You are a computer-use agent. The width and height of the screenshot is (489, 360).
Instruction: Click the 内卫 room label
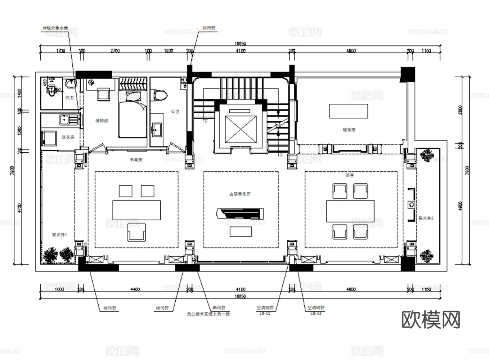(x=69, y=98)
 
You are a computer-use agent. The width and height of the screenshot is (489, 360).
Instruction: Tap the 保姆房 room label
(x=102, y=121)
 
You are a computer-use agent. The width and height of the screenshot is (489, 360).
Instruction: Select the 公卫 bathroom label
(x=175, y=112)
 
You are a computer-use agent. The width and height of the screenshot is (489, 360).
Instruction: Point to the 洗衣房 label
(x=67, y=137)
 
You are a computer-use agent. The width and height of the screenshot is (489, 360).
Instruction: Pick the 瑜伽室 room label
(x=349, y=130)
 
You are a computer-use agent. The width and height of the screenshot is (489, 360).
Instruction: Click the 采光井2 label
(x=426, y=218)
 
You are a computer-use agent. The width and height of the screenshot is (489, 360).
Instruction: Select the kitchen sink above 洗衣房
(x=66, y=119)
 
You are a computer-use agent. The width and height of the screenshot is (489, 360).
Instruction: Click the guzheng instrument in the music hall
(x=240, y=213)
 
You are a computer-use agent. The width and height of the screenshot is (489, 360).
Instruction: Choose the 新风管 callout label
(x=219, y=308)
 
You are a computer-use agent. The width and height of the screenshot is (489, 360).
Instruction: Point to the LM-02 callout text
(x=265, y=314)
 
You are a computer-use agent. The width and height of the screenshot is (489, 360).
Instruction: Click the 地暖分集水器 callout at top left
(x=55, y=28)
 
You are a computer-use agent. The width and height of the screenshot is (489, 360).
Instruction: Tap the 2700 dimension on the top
(x=115, y=51)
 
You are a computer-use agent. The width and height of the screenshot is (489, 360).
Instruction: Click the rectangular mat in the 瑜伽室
(x=348, y=111)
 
